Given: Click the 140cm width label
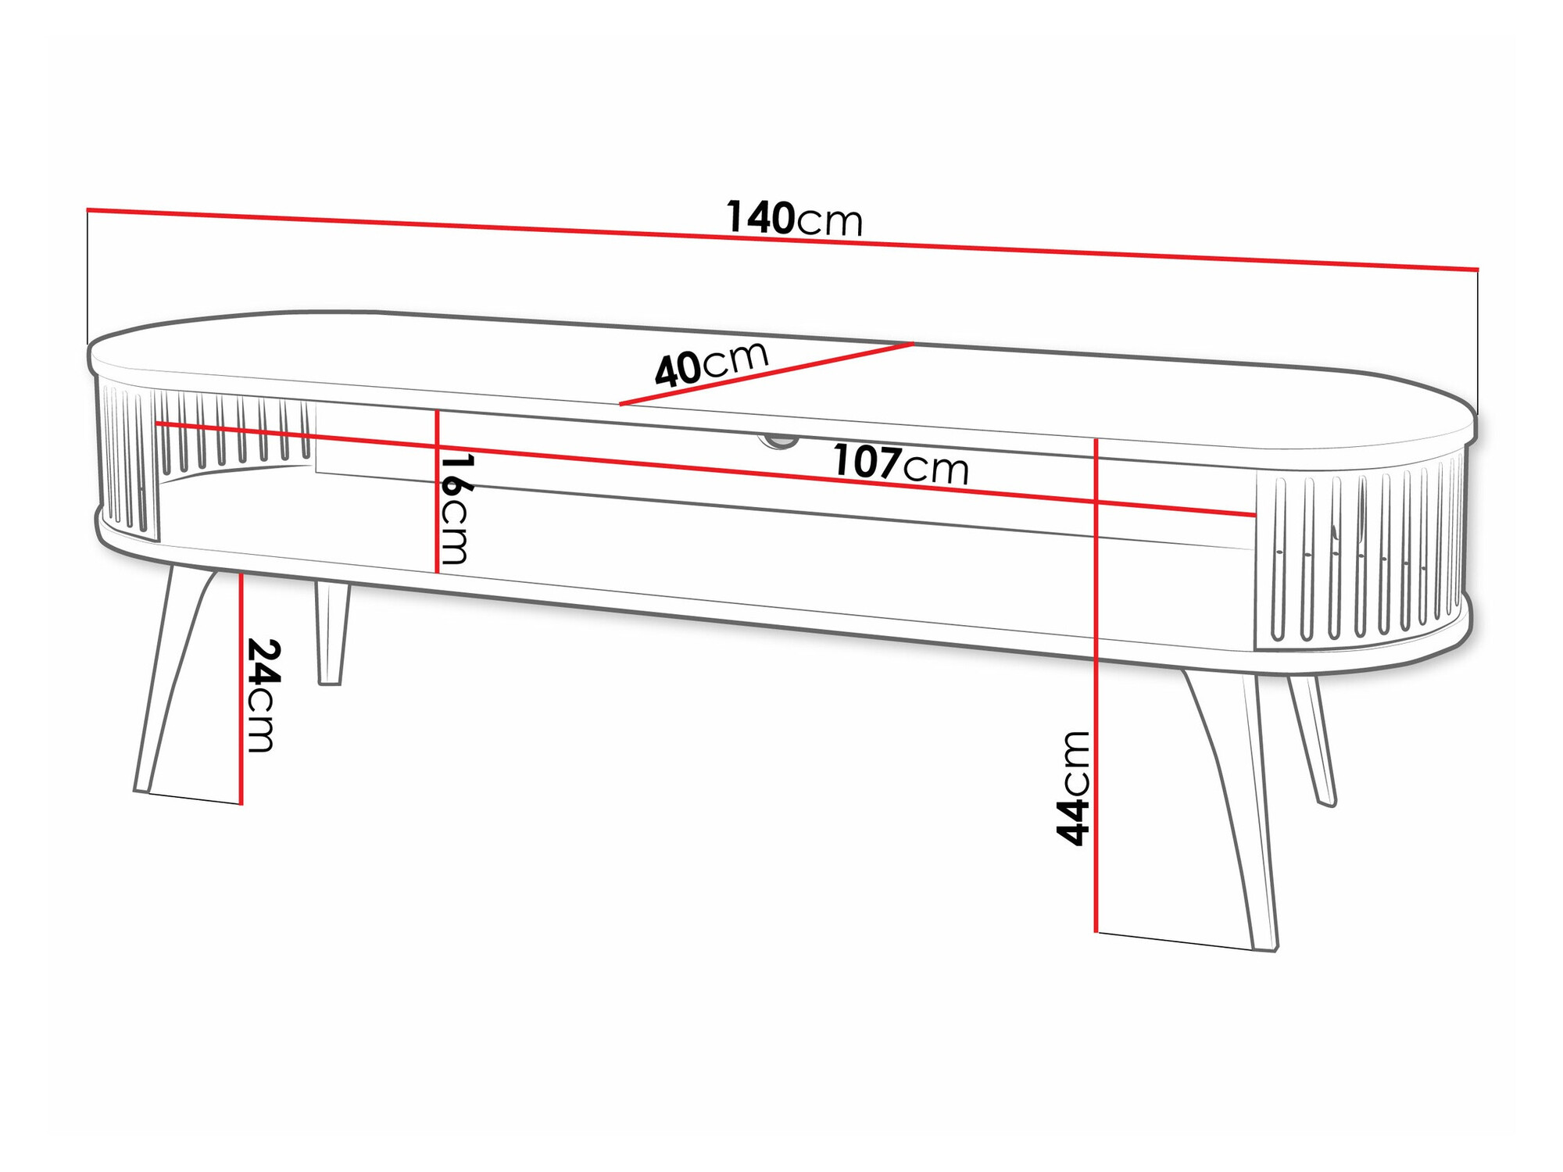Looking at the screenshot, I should point(794,218).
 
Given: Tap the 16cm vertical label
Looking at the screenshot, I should point(455,509).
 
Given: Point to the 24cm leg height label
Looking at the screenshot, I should point(262,695).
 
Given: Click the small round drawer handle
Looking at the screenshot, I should point(778,441).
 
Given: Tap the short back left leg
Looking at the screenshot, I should point(331,633).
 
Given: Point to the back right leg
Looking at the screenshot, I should point(1313,738).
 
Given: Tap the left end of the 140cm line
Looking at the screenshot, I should point(88,209).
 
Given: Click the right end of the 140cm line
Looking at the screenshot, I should point(1477,270).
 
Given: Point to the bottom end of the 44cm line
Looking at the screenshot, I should point(1096,931).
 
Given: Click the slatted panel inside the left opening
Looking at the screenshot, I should point(234,430).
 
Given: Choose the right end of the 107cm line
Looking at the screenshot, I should point(1254,515).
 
